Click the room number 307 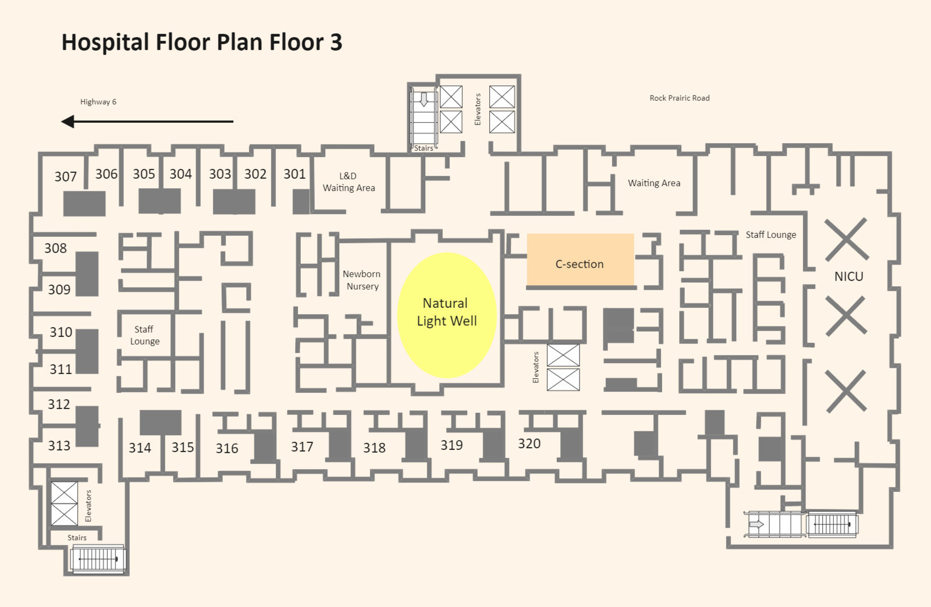[66, 177]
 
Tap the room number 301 [294, 174]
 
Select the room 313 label [59, 446]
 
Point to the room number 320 [529, 443]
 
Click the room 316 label [227, 448]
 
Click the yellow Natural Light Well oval [447, 315]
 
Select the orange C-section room [580, 260]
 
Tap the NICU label [849, 276]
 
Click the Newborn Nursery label [361, 280]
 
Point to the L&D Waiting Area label [349, 182]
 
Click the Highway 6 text [98, 102]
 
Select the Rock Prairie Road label [680, 98]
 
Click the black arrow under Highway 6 [147, 122]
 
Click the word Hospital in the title [105, 43]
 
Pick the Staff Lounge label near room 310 [144, 335]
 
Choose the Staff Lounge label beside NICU [771, 235]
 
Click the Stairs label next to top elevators [424, 148]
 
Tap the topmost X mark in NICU [847, 239]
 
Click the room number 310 [61, 332]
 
